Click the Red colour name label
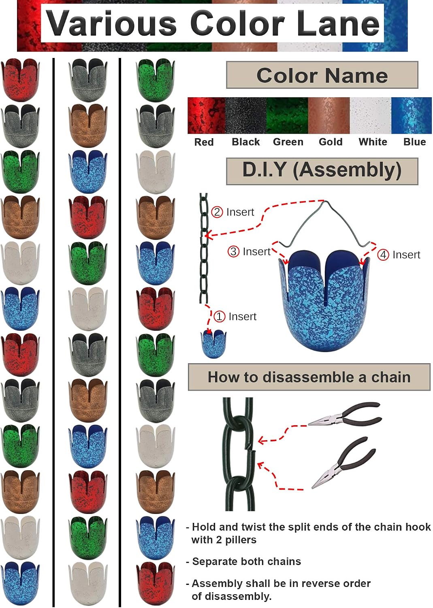pos(204,142)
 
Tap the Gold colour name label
pos(331,142)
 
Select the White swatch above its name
pos(370,116)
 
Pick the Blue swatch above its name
pos(412,116)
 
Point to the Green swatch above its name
pos(287,116)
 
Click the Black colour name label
pos(246,142)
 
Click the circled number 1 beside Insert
pos(219,317)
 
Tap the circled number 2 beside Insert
pos(217,212)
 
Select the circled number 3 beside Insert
pos(233,252)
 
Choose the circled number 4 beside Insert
pos(383,255)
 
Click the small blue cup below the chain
pos(213,344)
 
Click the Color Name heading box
pos(322,75)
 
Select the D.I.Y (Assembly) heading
pos(322,171)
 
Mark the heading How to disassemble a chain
pos(309,377)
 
